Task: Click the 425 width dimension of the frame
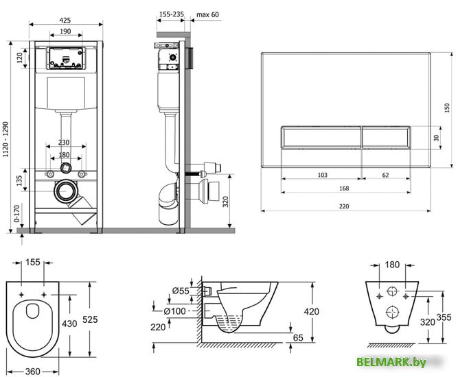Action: [x=65, y=20]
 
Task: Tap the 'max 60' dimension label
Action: [x=207, y=14]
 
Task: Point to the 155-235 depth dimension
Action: [x=172, y=14]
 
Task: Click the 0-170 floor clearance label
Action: [x=16, y=213]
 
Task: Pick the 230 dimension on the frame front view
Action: [x=64, y=143]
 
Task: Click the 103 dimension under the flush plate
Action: [x=323, y=175]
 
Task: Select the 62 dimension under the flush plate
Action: [x=385, y=175]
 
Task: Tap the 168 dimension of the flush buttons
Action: [x=344, y=188]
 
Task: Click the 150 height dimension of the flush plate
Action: [x=447, y=108]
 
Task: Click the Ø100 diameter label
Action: [x=174, y=311]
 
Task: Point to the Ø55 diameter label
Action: [x=181, y=291]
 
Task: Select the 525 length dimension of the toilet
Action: [x=90, y=319]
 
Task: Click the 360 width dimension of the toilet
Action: [x=33, y=371]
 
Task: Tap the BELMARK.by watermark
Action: [x=391, y=362]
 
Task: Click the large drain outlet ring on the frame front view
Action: [x=66, y=191]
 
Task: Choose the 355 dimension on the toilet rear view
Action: [x=444, y=317]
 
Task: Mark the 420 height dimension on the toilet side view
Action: [x=311, y=312]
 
